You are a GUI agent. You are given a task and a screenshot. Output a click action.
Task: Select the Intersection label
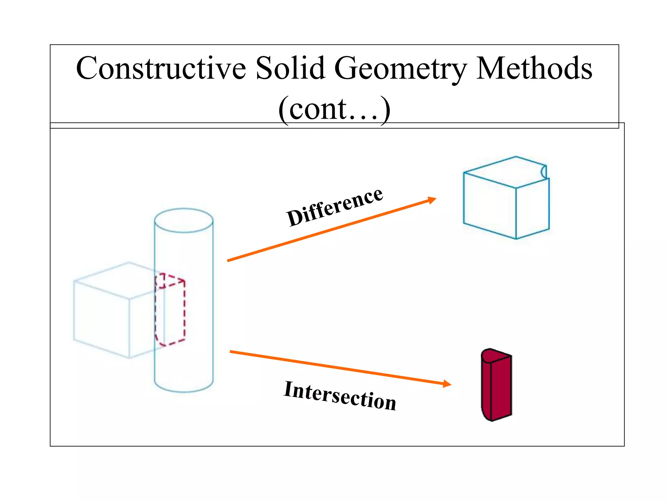click(340, 395)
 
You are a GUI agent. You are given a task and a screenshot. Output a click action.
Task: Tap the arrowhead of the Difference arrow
click(432, 199)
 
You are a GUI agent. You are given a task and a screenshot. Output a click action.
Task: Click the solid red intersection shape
click(497, 386)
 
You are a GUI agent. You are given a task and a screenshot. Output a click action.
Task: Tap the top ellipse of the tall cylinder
click(184, 220)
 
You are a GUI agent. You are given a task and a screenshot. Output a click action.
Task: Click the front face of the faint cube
click(101, 319)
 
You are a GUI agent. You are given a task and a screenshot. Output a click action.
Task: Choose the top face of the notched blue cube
click(505, 172)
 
